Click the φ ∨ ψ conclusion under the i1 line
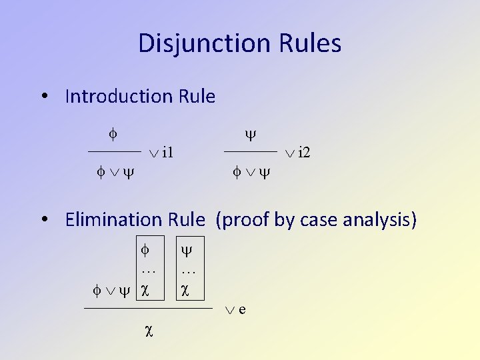click(x=114, y=172)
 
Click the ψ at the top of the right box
click(x=187, y=251)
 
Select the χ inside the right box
click(x=185, y=290)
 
